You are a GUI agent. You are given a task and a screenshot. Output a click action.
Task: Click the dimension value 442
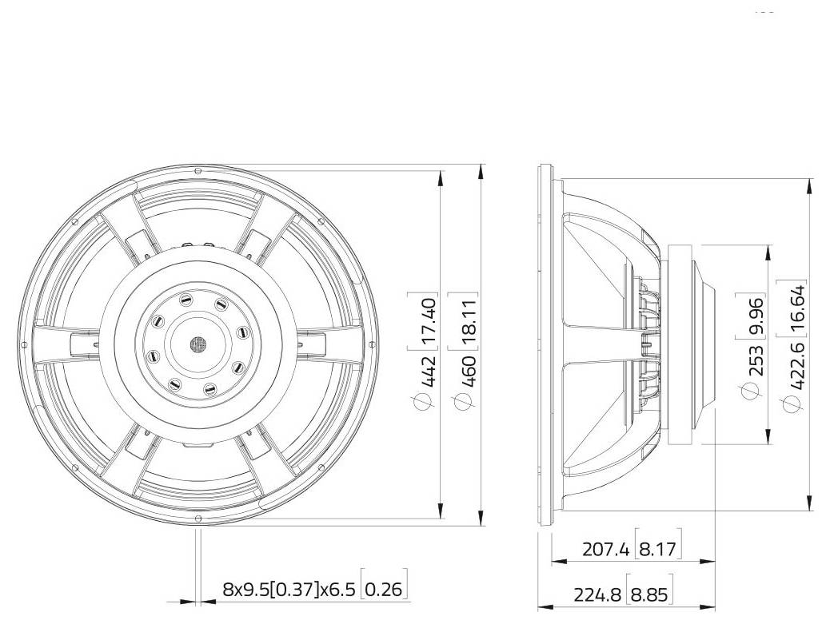click(429, 372)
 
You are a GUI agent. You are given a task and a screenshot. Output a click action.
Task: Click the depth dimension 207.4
click(606, 550)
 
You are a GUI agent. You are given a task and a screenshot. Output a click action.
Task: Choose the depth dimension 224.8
click(599, 594)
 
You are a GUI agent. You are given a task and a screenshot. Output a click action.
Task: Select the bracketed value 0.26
click(385, 590)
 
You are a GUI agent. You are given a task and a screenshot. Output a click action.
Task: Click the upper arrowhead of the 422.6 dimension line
click(811, 185)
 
